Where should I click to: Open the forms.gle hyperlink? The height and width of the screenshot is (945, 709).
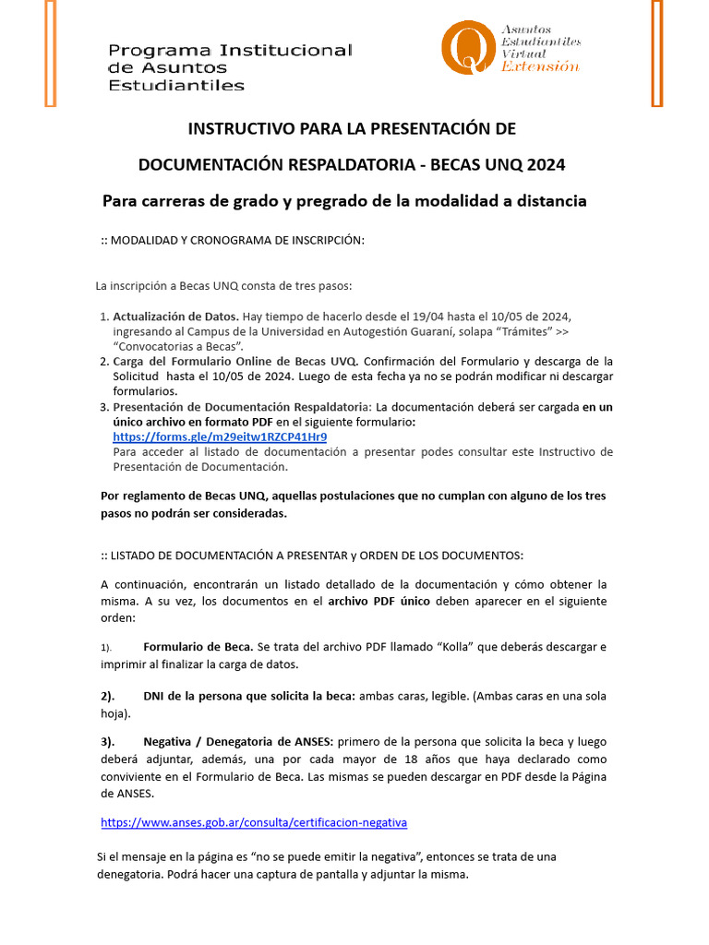pyautogui.click(x=220, y=437)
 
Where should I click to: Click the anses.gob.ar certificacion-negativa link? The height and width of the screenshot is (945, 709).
pyautogui.click(x=253, y=821)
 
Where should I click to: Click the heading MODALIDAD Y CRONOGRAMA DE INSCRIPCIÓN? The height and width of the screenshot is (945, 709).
pyautogui.click(x=236, y=241)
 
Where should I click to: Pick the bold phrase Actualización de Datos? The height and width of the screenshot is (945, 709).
pyautogui.click(x=175, y=316)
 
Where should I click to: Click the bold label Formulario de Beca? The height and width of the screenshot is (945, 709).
pyautogui.click(x=198, y=647)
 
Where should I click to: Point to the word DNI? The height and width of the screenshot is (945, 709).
pyautogui.click(x=155, y=696)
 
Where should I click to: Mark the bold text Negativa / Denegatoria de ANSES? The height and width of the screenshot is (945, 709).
pyautogui.click(x=239, y=742)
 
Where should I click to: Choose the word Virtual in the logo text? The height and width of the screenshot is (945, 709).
pyautogui.click(x=523, y=54)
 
